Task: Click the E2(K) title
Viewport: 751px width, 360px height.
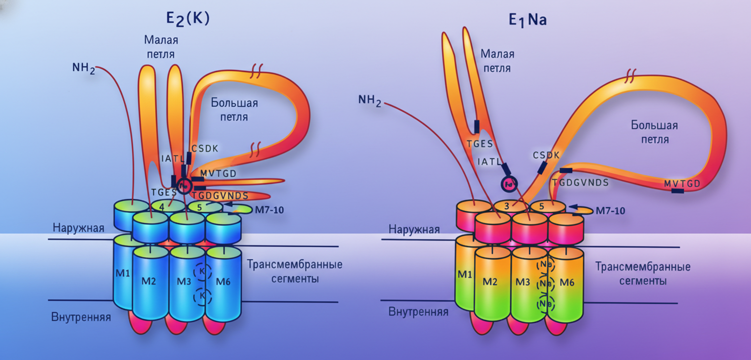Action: click(187, 18)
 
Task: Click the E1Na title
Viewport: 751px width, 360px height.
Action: click(527, 20)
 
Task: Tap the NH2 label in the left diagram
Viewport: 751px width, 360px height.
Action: click(84, 68)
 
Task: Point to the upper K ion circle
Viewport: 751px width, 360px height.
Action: click(202, 271)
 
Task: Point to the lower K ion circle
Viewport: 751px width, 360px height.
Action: click(202, 295)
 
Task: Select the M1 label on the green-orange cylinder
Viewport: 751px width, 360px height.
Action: click(464, 275)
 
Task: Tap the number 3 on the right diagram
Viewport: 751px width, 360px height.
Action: click(507, 206)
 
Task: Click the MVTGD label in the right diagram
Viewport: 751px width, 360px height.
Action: click(682, 183)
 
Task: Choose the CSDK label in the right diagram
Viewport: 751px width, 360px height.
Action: click(546, 155)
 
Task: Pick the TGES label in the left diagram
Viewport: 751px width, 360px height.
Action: click(161, 192)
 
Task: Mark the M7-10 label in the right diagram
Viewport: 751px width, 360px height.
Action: click(610, 211)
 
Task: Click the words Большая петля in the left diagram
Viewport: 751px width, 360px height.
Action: click(234, 110)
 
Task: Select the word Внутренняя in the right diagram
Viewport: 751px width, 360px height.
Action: click(419, 312)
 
